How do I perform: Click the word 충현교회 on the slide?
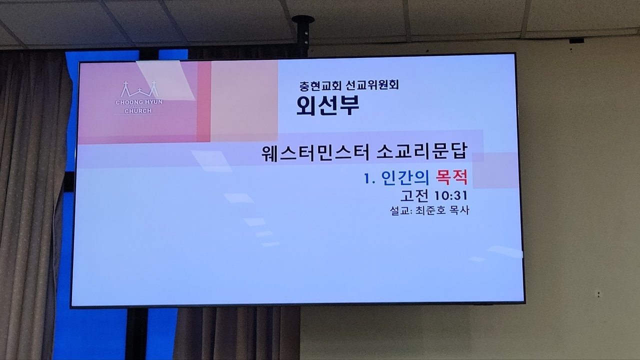coord(320,85)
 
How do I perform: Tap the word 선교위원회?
coord(372,85)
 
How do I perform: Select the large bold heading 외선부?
coord(327,105)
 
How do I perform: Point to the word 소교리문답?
coord(421,151)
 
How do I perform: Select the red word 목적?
coord(451,177)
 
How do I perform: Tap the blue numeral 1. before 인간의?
coord(369,179)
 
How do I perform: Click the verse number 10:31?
coord(450,195)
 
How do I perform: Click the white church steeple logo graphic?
coord(139,89)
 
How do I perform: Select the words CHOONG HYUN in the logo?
coord(139,102)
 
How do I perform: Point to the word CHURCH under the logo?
coord(138,110)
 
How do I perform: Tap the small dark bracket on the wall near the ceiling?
coord(576,41)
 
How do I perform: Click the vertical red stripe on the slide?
coord(203,101)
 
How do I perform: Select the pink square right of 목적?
coord(495,170)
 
